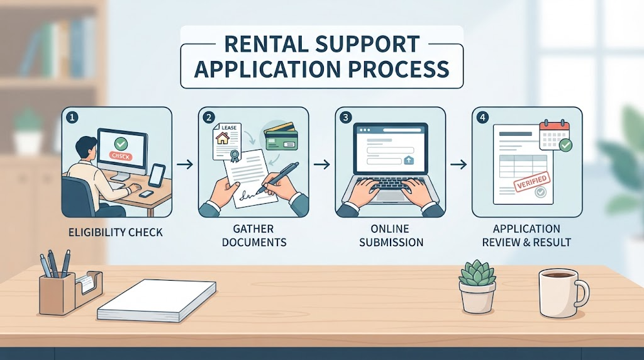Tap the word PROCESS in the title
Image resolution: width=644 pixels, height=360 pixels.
399,69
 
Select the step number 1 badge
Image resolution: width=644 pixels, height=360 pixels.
72,118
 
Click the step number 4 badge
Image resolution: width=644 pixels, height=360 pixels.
482,118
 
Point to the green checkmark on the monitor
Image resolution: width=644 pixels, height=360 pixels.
121,143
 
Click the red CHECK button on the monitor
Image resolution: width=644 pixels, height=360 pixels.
120,156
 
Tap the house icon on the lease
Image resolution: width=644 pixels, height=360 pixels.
223,137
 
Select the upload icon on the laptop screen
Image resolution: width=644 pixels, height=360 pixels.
409,160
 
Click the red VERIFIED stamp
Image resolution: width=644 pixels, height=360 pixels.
531,182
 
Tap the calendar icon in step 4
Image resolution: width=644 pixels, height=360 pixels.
555,135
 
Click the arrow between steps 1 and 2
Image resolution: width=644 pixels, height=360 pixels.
185,164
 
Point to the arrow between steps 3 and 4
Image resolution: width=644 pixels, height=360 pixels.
458,164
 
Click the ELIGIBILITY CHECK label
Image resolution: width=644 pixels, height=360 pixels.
116,233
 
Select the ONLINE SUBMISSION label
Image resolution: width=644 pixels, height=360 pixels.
391,235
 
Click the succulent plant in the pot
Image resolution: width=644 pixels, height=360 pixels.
477,272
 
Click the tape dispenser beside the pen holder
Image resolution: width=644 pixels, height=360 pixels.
88,285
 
